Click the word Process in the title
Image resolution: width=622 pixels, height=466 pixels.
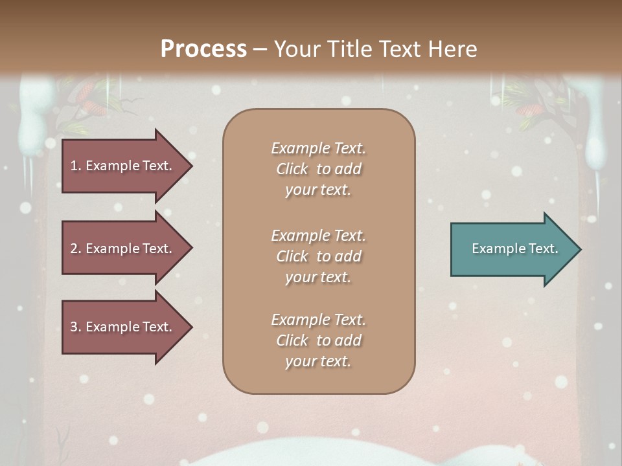203,49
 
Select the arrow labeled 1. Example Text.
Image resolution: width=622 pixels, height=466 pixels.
123,166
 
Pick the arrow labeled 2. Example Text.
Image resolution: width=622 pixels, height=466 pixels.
123,249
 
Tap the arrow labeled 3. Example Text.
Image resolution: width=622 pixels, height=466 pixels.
123,327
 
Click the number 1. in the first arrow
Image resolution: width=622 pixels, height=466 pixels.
76,166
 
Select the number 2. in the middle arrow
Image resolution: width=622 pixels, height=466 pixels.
76,249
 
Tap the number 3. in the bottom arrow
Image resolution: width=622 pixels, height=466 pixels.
76,327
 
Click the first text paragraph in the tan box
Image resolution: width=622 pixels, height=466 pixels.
318,169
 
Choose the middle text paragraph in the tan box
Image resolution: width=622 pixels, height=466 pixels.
318,256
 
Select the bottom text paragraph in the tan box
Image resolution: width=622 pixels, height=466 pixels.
318,340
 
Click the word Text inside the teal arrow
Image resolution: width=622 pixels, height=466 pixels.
543,249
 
